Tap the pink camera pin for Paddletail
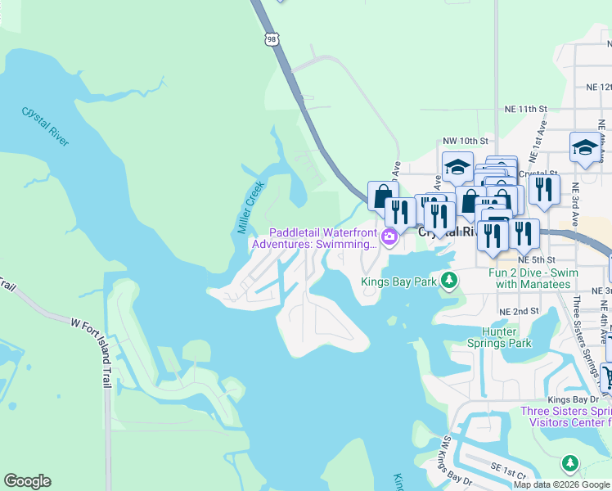[x=389, y=237]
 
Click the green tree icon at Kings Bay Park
[x=448, y=282]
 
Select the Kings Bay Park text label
[x=399, y=282]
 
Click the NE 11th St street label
[x=524, y=108]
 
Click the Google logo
[x=27, y=481]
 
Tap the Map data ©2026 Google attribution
[x=561, y=484]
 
